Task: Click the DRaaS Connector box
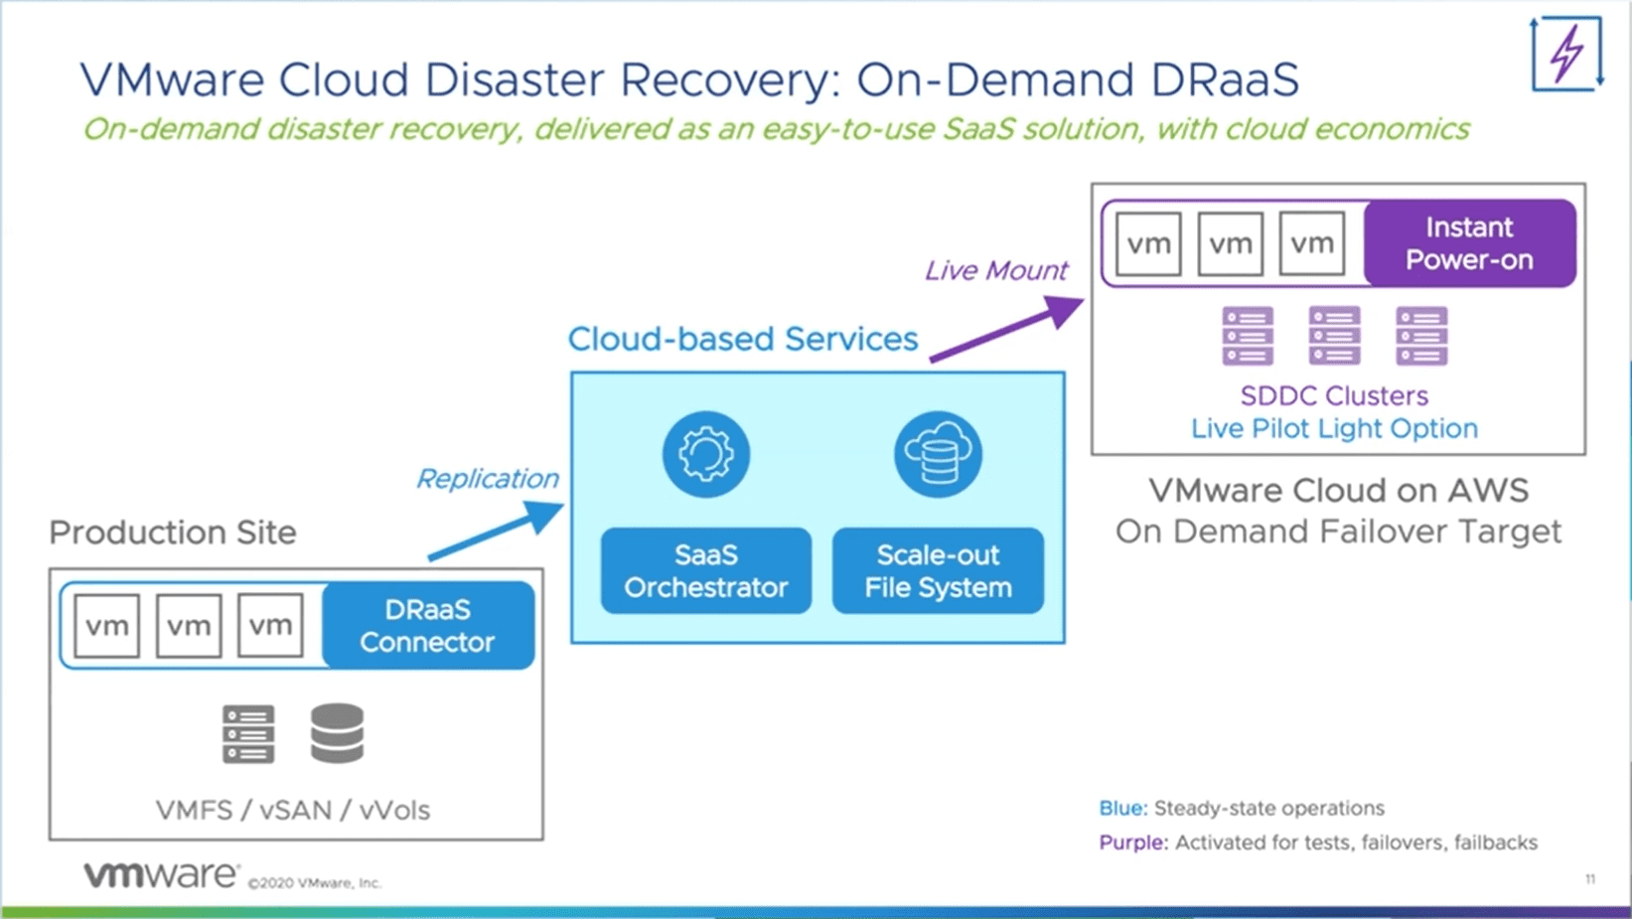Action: [428, 626]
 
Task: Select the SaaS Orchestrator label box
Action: [706, 570]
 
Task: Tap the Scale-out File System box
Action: [938, 570]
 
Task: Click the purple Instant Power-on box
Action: [1469, 243]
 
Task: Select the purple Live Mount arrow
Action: [1006, 330]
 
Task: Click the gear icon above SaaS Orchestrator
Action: [706, 454]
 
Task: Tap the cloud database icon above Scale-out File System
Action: [938, 454]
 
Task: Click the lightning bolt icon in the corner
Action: [1566, 54]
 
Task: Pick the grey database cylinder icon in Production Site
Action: [337, 733]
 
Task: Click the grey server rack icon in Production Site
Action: [248, 734]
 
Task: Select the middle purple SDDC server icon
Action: [1334, 336]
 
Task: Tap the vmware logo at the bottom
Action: [161, 875]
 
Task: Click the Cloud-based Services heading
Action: [743, 339]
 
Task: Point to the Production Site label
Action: [173, 533]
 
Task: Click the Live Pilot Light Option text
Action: [1334, 428]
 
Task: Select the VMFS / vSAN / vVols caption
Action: [293, 810]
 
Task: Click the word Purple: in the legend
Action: [1132, 842]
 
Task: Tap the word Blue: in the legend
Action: [1122, 808]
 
